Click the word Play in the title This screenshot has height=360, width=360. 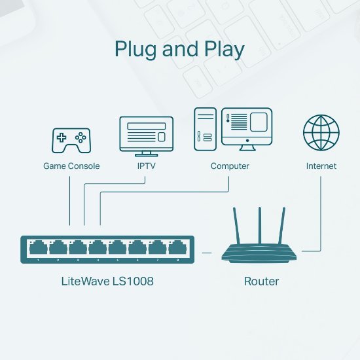[x=223, y=50]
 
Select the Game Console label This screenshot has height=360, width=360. [x=71, y=166]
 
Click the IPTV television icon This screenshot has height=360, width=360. [x=145, y=135]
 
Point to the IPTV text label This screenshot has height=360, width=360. [x=145, y=166]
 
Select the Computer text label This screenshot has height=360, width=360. [x=230, y=166]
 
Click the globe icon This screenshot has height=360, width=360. [x=321, y=132]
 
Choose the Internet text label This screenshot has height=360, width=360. [x=321, y=166]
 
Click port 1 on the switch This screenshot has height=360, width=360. [x=38, y=248]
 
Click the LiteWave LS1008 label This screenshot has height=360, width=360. [x=107, y=281]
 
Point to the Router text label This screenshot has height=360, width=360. [x=261, y=281]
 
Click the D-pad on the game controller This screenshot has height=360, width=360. [x=62, y=138]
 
